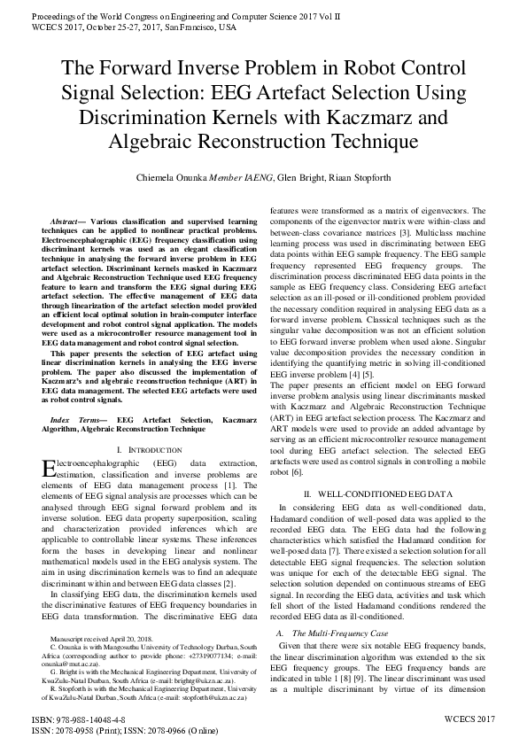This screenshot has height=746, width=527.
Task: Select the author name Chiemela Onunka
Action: (x=178, y=175)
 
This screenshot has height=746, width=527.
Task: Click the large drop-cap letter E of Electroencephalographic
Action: (x=50, y=468)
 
